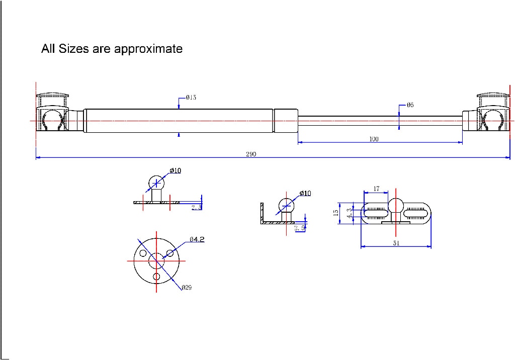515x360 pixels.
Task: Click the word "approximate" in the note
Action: coord(148,49)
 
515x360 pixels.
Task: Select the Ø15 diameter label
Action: coord(191,98)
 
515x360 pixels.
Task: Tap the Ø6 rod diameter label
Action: coord(410,105)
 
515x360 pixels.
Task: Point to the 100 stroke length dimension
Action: coord(374,139)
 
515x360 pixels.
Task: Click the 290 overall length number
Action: coord(251,154)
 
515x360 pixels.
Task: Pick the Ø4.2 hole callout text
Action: coord(197,239)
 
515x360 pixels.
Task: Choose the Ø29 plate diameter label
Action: coord(187,288)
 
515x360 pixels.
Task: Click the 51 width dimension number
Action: coord(396,243)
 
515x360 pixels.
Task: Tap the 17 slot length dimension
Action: coord(376,190)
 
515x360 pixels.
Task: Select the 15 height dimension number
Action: coord(336,213)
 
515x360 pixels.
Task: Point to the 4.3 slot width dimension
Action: coord(349,213)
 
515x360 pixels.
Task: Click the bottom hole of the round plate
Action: coord(156,277)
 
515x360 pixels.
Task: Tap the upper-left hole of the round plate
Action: coord(143,253)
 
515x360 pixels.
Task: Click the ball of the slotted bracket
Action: coord(396,206)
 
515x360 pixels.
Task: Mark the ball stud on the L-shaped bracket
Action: coord(287,206)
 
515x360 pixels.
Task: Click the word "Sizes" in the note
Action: coord(73,49)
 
